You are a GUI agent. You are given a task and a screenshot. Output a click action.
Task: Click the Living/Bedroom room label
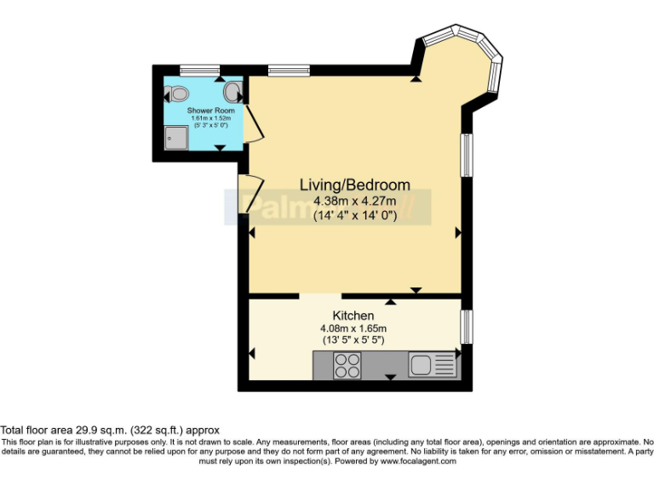(x=354, y=185)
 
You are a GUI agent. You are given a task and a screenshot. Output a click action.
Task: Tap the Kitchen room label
(x=353, y=316)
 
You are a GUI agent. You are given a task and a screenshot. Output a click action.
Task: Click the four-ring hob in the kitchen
(x=347, y=365)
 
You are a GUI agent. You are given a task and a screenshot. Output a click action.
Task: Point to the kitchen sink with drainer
(x=432, y=365)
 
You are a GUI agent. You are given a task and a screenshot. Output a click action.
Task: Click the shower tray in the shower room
(x=176, y=137)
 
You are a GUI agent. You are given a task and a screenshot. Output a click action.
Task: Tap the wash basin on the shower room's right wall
(x=232, y=91)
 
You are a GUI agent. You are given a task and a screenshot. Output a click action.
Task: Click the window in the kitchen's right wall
(x=466, y=327)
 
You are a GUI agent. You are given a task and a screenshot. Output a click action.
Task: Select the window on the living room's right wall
(x=466, y=154)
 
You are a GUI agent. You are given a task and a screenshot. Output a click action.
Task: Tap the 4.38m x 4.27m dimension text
(x=354, y=202)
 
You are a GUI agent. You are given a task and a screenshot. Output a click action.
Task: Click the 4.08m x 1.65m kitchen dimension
(x=353, y=328)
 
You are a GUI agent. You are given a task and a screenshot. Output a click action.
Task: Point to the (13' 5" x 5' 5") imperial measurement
(x=353, y=340)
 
